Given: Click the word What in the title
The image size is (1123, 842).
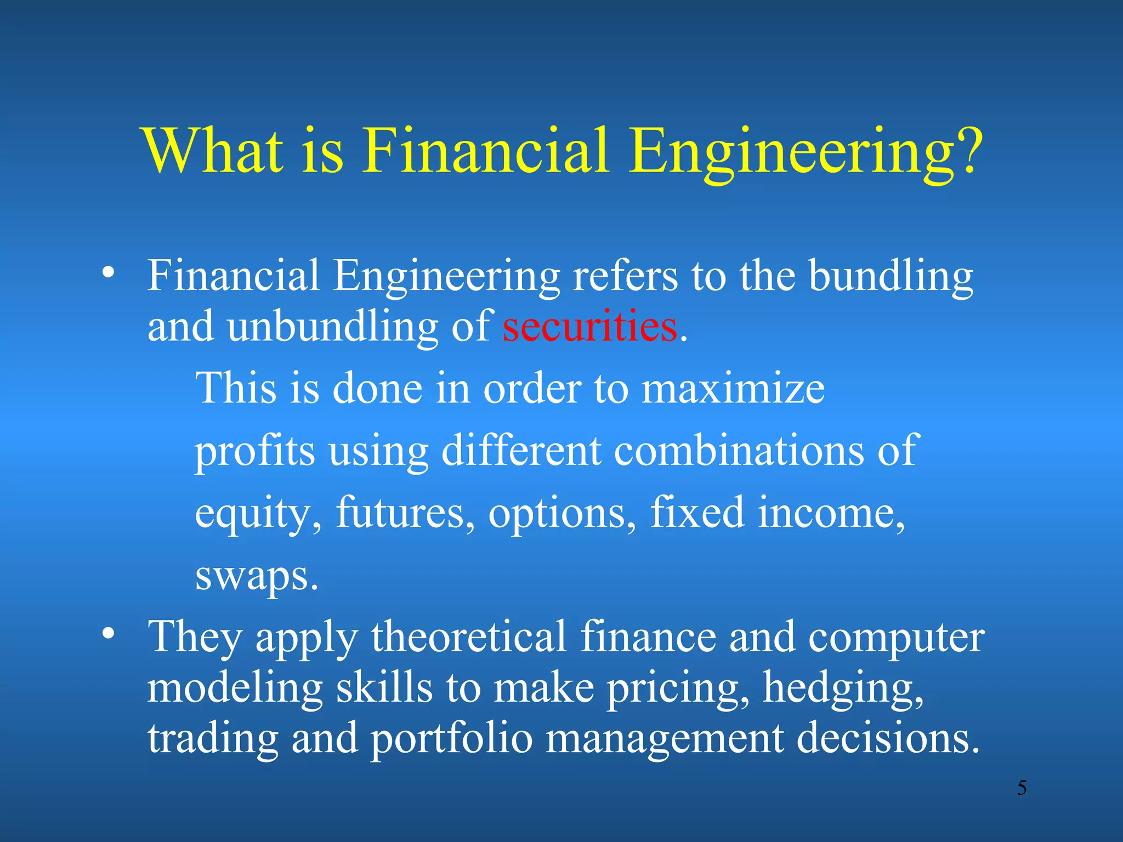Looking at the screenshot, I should pos(214,150).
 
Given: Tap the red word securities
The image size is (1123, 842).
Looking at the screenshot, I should pos(590,327).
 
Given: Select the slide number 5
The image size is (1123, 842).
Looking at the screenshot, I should pos(1022,788).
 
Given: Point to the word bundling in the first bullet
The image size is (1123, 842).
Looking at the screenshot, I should pos(891,276).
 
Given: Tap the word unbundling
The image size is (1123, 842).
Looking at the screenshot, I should pos(332,327).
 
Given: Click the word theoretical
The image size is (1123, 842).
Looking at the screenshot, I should pos(469,637).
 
